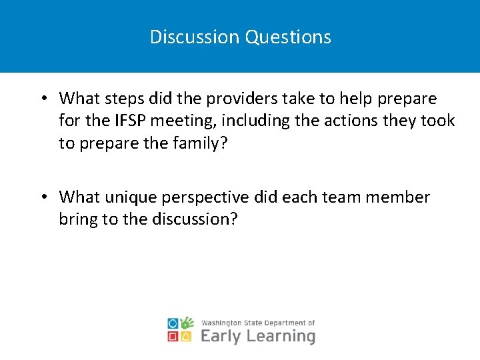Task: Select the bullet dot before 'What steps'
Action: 42,99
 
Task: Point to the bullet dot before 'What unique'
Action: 42,197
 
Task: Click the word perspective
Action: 208,198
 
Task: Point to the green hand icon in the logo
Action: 187,323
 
